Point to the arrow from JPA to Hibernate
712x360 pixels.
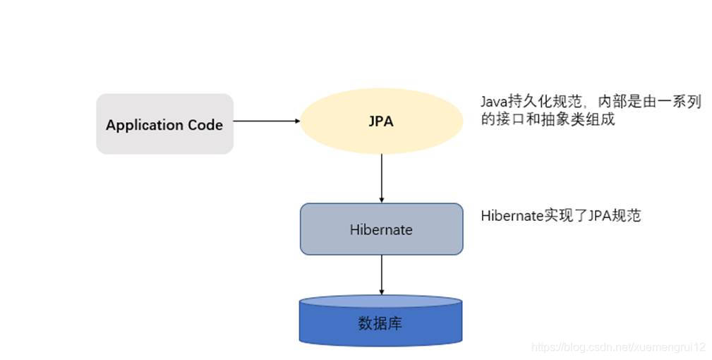tap(382, 176)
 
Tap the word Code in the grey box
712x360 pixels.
tap(205, 125)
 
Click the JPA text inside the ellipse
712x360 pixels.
tap(381, 121)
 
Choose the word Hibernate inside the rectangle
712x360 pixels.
tap(381, 229)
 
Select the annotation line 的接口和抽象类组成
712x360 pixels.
tap(548, 119)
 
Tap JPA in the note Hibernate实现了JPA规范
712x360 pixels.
tap(598, 215)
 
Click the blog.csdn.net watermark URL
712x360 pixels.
tap(618, 347)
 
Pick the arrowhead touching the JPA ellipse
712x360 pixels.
tap(297, 121)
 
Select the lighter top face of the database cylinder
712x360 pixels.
tap(381, 301)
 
